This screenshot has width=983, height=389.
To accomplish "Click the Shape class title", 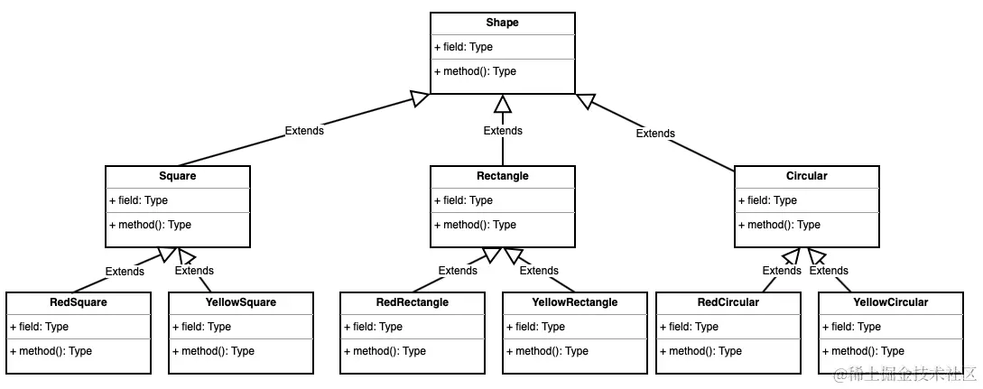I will point(502,23).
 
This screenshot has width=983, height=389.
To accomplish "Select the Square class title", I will point(177,176).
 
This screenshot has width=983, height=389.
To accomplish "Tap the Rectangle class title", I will point(502,176).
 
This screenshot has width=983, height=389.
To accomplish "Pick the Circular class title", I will point(806,176).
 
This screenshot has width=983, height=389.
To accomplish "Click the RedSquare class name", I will point(78,302).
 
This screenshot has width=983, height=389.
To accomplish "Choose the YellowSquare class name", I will point(241,302).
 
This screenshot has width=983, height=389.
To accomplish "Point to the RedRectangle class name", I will point(412,302).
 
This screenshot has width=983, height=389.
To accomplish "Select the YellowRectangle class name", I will point(575,302).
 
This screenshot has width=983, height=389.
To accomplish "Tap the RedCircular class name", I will point(728,302).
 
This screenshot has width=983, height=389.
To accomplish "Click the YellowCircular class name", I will point(891,302).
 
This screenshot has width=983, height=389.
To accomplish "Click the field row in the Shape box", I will point(464,47).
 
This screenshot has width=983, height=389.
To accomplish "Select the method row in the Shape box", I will point(475,71).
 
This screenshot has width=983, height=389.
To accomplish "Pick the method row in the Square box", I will point(150,225).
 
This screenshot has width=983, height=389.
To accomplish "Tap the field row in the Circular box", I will point(767,200).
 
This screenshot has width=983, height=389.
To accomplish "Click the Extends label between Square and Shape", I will point(304,131).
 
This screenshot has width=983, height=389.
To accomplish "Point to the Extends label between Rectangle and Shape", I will point(503,131).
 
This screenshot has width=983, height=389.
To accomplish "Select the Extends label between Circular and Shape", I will point(655,134).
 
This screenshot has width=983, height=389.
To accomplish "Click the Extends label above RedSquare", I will point(125,272).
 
